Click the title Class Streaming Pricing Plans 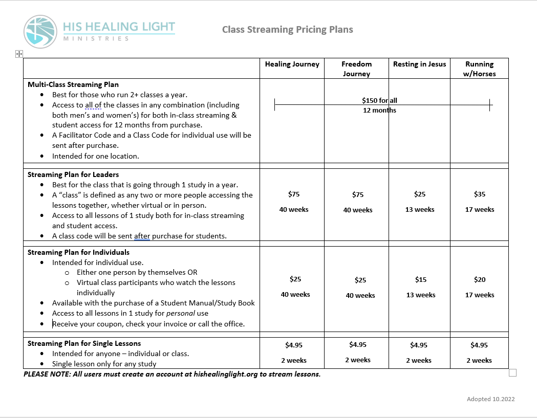[287, 29]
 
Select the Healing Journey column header [292, 64]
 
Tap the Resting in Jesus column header [419, 64]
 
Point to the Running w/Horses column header [479, 69]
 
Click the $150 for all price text [379, 101]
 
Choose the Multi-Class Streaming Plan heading [73, 84]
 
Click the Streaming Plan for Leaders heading [73, 174]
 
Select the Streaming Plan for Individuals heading [78, 252]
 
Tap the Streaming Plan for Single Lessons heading [84, 343]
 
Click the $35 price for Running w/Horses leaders [480, 194]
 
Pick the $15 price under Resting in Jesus [420, 279]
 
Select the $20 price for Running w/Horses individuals [480, 279]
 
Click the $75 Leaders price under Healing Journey [294, 194]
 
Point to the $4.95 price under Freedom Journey [358, 344]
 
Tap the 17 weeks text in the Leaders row [480, 209]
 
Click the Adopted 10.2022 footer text [490, 399]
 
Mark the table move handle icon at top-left [18, 53]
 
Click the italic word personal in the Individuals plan [181, 313]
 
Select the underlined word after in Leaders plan [142, 236]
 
